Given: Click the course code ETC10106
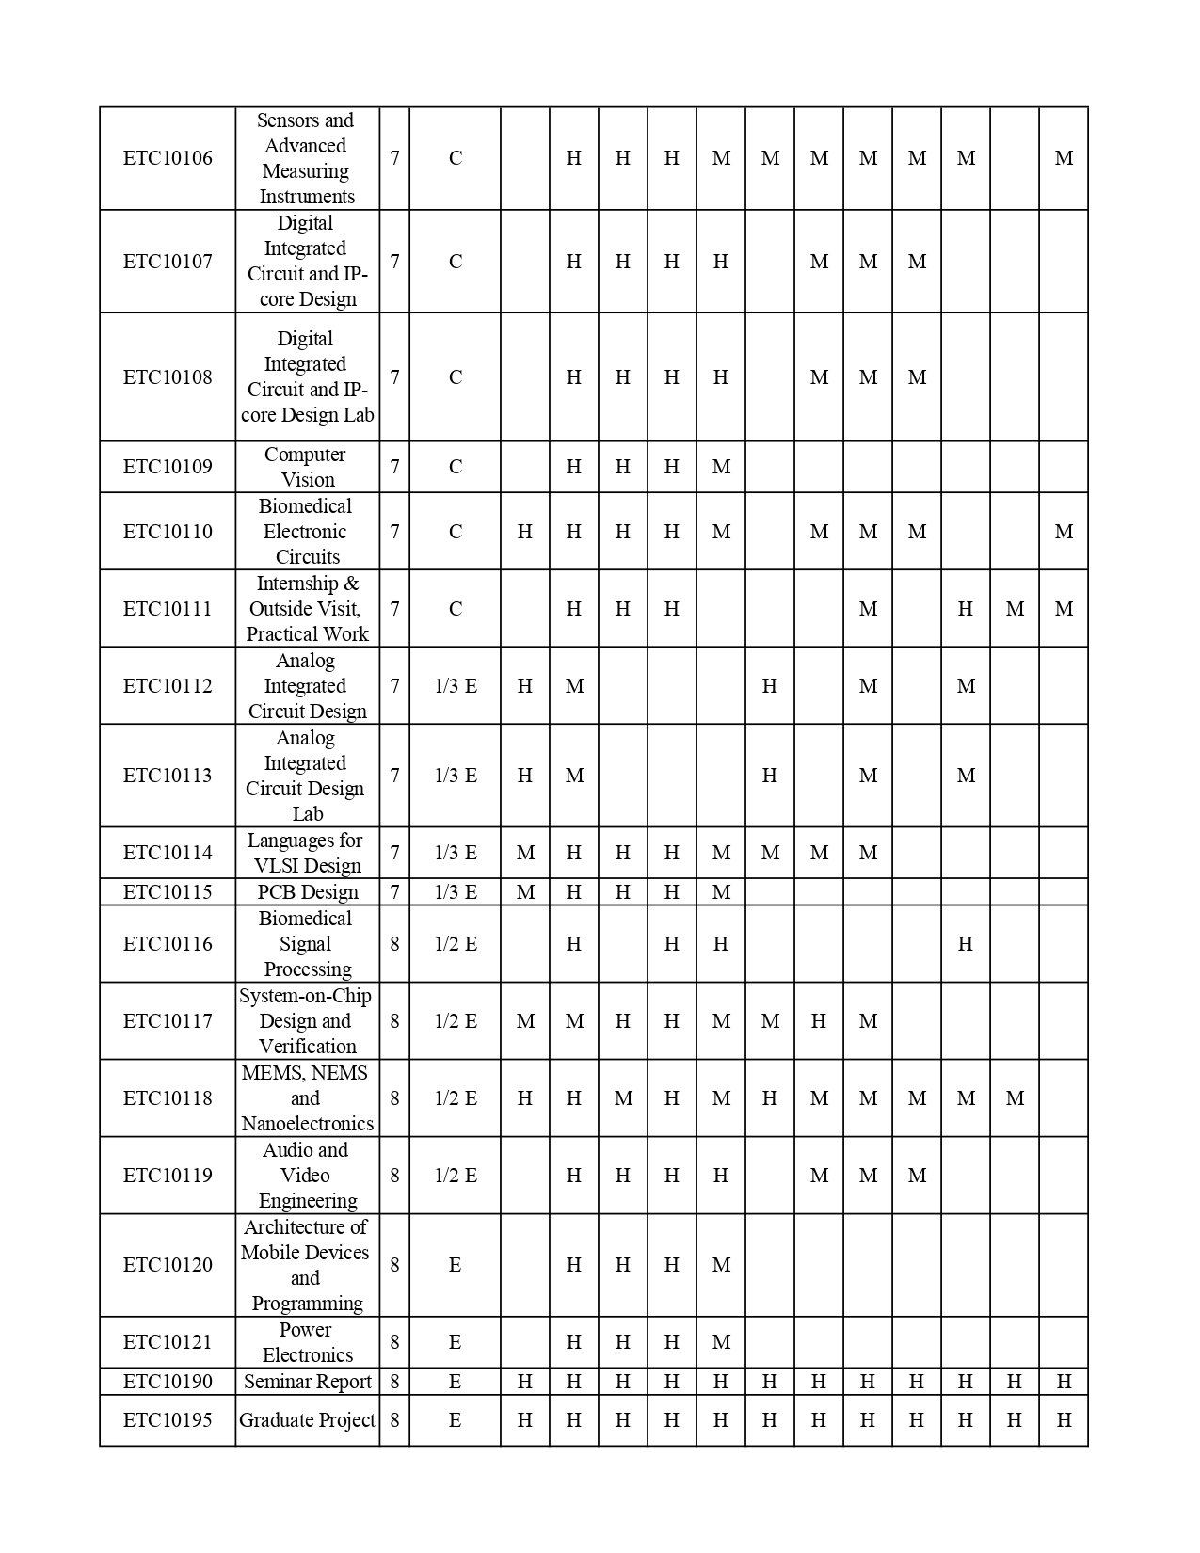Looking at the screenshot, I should point(168,158).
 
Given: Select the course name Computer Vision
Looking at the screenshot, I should point(306,467).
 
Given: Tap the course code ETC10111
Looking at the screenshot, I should point(168,609).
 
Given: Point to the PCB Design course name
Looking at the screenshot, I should point(308,892).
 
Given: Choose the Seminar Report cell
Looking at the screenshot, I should point(308,1382).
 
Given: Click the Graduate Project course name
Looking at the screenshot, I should point(307,1420).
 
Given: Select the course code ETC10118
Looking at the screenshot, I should point(168,1098).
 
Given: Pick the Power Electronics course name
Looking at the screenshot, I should point(307,1342).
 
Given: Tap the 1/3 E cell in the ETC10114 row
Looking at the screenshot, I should point(456,853).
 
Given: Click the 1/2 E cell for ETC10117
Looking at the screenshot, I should point(456,1021).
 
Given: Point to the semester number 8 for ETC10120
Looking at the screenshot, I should point(394,1265).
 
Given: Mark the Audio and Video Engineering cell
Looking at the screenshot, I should point(307,1176).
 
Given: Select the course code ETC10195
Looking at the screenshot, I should point(168,1420).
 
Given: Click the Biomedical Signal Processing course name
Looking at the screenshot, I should point(307,944).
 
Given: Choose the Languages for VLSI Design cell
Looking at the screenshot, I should point(307,853).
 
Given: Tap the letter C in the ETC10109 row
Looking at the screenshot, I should point(456,467).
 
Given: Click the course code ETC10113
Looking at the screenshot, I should point(168,776).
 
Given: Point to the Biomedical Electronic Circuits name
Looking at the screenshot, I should point(306,532).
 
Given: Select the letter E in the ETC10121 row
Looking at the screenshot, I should point(456,1342).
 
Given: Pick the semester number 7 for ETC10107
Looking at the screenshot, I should point(394,262).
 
